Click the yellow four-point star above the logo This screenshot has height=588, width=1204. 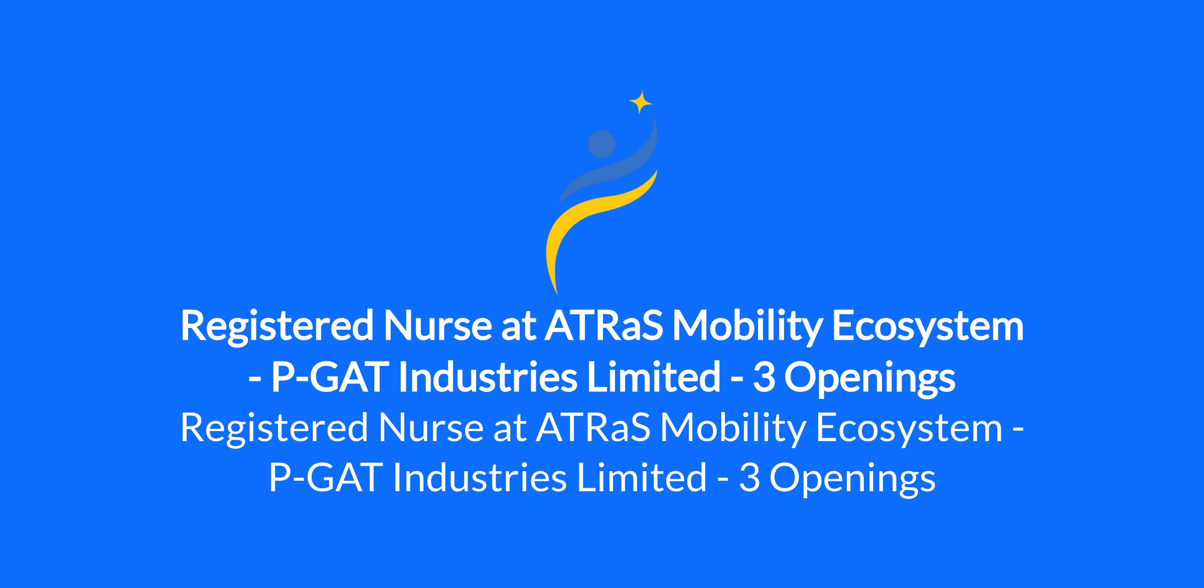click(641, 102)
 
